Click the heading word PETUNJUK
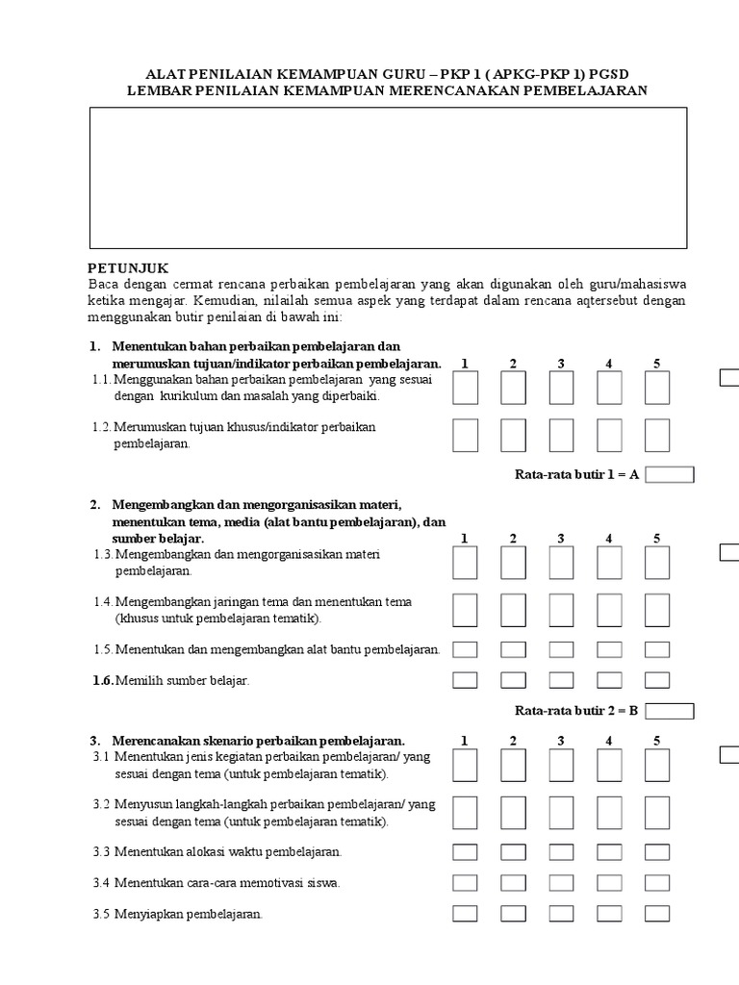click(127, 268)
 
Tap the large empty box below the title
click(389, 178)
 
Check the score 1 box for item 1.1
click(465, 388)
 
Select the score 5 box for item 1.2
click(657, 435)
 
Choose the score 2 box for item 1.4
click(513, 610)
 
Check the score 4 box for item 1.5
click(609, 649)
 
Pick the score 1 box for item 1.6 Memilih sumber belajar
click(465, 680)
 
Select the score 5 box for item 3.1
click(657, 766)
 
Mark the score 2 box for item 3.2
click(513, 813)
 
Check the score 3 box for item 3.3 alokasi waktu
click(561, 852)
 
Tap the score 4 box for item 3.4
click(609, 883)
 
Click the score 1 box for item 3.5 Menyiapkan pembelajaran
click(465, 914)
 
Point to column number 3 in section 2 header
click(561, 539)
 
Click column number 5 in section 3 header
click(657, 741)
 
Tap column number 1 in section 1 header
click(465, 364)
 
